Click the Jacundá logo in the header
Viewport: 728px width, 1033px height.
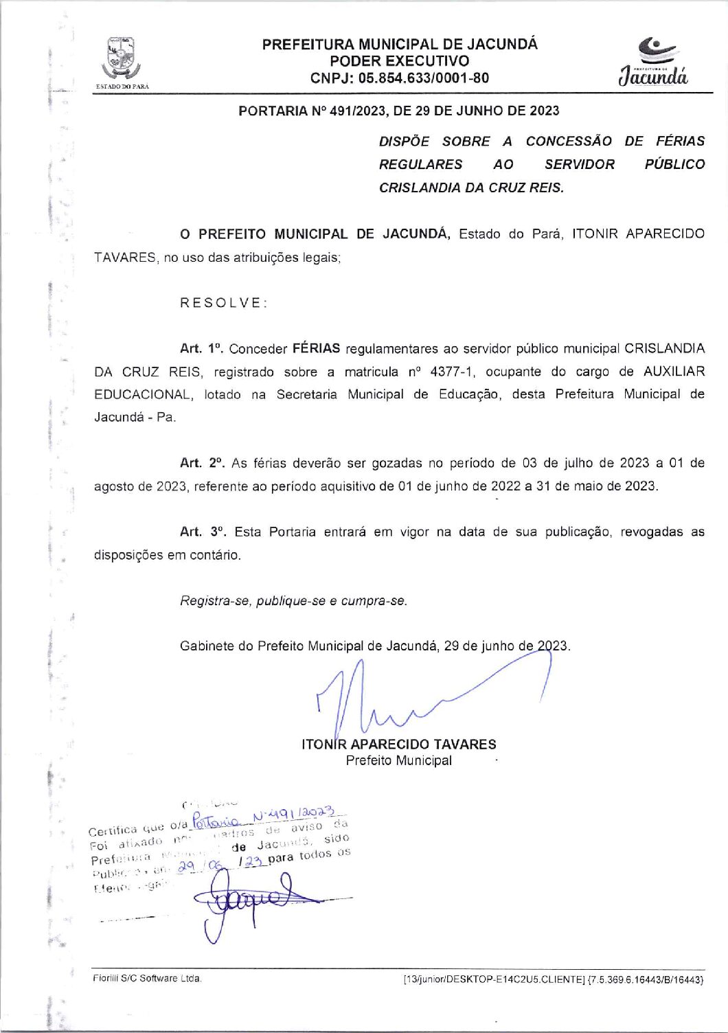tap(653, 62)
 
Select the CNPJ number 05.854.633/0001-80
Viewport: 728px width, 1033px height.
tap(424, 78)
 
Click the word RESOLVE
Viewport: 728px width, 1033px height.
tap(223, 303)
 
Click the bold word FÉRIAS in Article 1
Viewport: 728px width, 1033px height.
tap(316, 349)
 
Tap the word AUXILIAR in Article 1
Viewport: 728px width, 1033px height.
tap(674, 372)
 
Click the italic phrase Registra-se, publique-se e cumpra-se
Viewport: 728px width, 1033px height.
tap(293, 601)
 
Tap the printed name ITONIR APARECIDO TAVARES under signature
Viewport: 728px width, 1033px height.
tap(398, 745)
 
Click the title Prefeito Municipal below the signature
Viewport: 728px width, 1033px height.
tap(398, 761)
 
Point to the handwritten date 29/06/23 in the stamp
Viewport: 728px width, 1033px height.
tap(206, 867)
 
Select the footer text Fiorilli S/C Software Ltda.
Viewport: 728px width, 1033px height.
tap(147, 979)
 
